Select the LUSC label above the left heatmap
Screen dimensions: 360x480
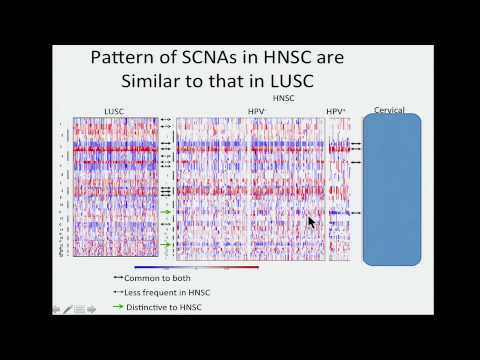(114, 110)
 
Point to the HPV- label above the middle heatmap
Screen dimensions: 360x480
(257, 110)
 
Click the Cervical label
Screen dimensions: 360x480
(390, 110)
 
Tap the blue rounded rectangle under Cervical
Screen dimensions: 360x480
(391, 190)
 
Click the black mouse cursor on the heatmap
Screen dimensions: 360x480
(312, 223)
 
